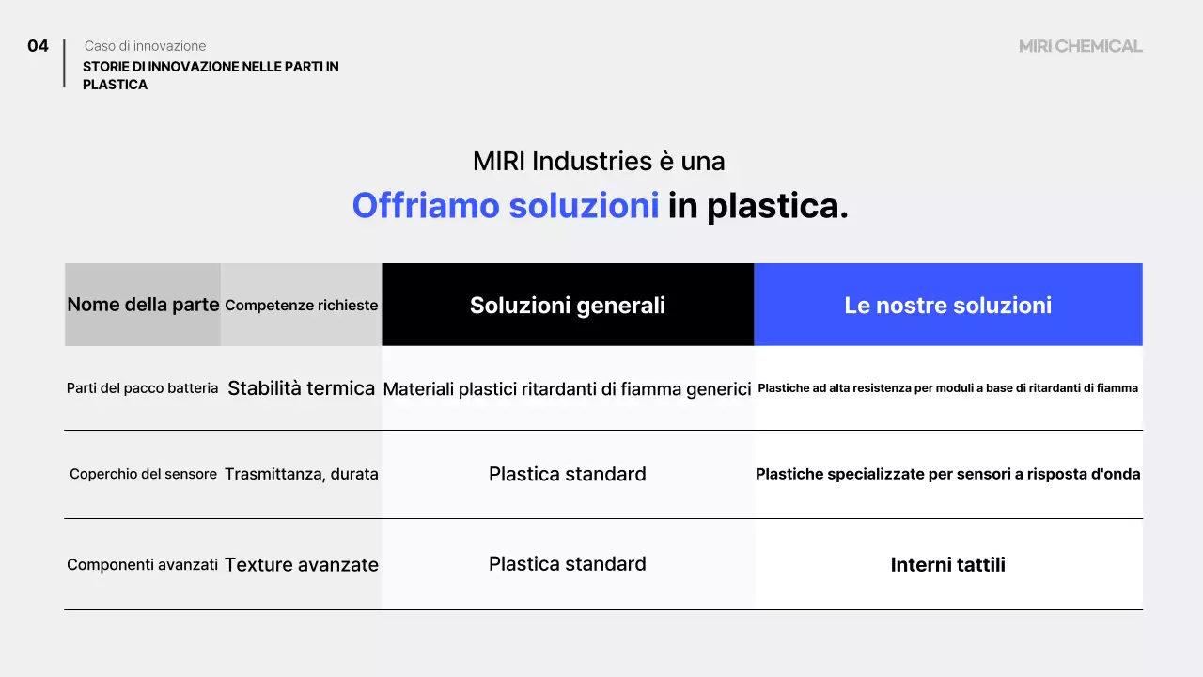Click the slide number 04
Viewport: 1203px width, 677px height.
point(38,46)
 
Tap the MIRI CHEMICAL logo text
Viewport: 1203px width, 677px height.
point(1080,46)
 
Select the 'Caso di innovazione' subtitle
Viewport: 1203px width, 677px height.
point(145,46)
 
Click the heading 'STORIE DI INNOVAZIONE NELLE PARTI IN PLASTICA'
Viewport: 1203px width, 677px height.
point(211,75)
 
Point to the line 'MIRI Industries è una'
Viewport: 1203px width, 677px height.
point(599,162)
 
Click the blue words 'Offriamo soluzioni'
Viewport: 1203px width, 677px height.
point(506,206)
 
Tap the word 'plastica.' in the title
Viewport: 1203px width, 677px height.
point(777,206)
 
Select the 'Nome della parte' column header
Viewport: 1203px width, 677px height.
point(143,305)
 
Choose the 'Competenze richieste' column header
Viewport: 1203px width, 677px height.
point(302,306)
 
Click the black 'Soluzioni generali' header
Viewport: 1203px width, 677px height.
point(568,305)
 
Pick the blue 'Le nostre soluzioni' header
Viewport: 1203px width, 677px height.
point(947,305)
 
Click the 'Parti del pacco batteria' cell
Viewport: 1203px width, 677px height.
point(143,388)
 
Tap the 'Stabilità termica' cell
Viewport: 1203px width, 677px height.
point(302,388)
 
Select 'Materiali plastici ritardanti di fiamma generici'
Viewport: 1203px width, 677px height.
point(568,388)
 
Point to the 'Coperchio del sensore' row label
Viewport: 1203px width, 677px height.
point(143,475)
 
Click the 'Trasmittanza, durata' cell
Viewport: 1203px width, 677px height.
point(302,475)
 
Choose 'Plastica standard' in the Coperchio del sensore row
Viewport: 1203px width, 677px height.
point(568,475)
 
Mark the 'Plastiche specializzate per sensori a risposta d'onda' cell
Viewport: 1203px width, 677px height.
point(947,475)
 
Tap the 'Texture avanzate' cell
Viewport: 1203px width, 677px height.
point(302,565)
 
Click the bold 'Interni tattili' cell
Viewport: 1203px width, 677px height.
point(947,565)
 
